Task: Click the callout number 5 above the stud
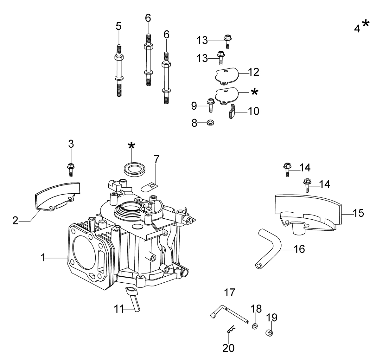pos(118,26)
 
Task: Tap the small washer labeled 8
pos(210,123)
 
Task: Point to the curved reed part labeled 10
pos(232,112)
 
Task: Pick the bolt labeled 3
pos(71,170)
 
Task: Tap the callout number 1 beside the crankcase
pos(43,258)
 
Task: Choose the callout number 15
pos(358,213)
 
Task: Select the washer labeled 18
pos(255,326)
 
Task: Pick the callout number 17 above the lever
pos(229,292)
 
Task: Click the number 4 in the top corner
pos(357,29)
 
